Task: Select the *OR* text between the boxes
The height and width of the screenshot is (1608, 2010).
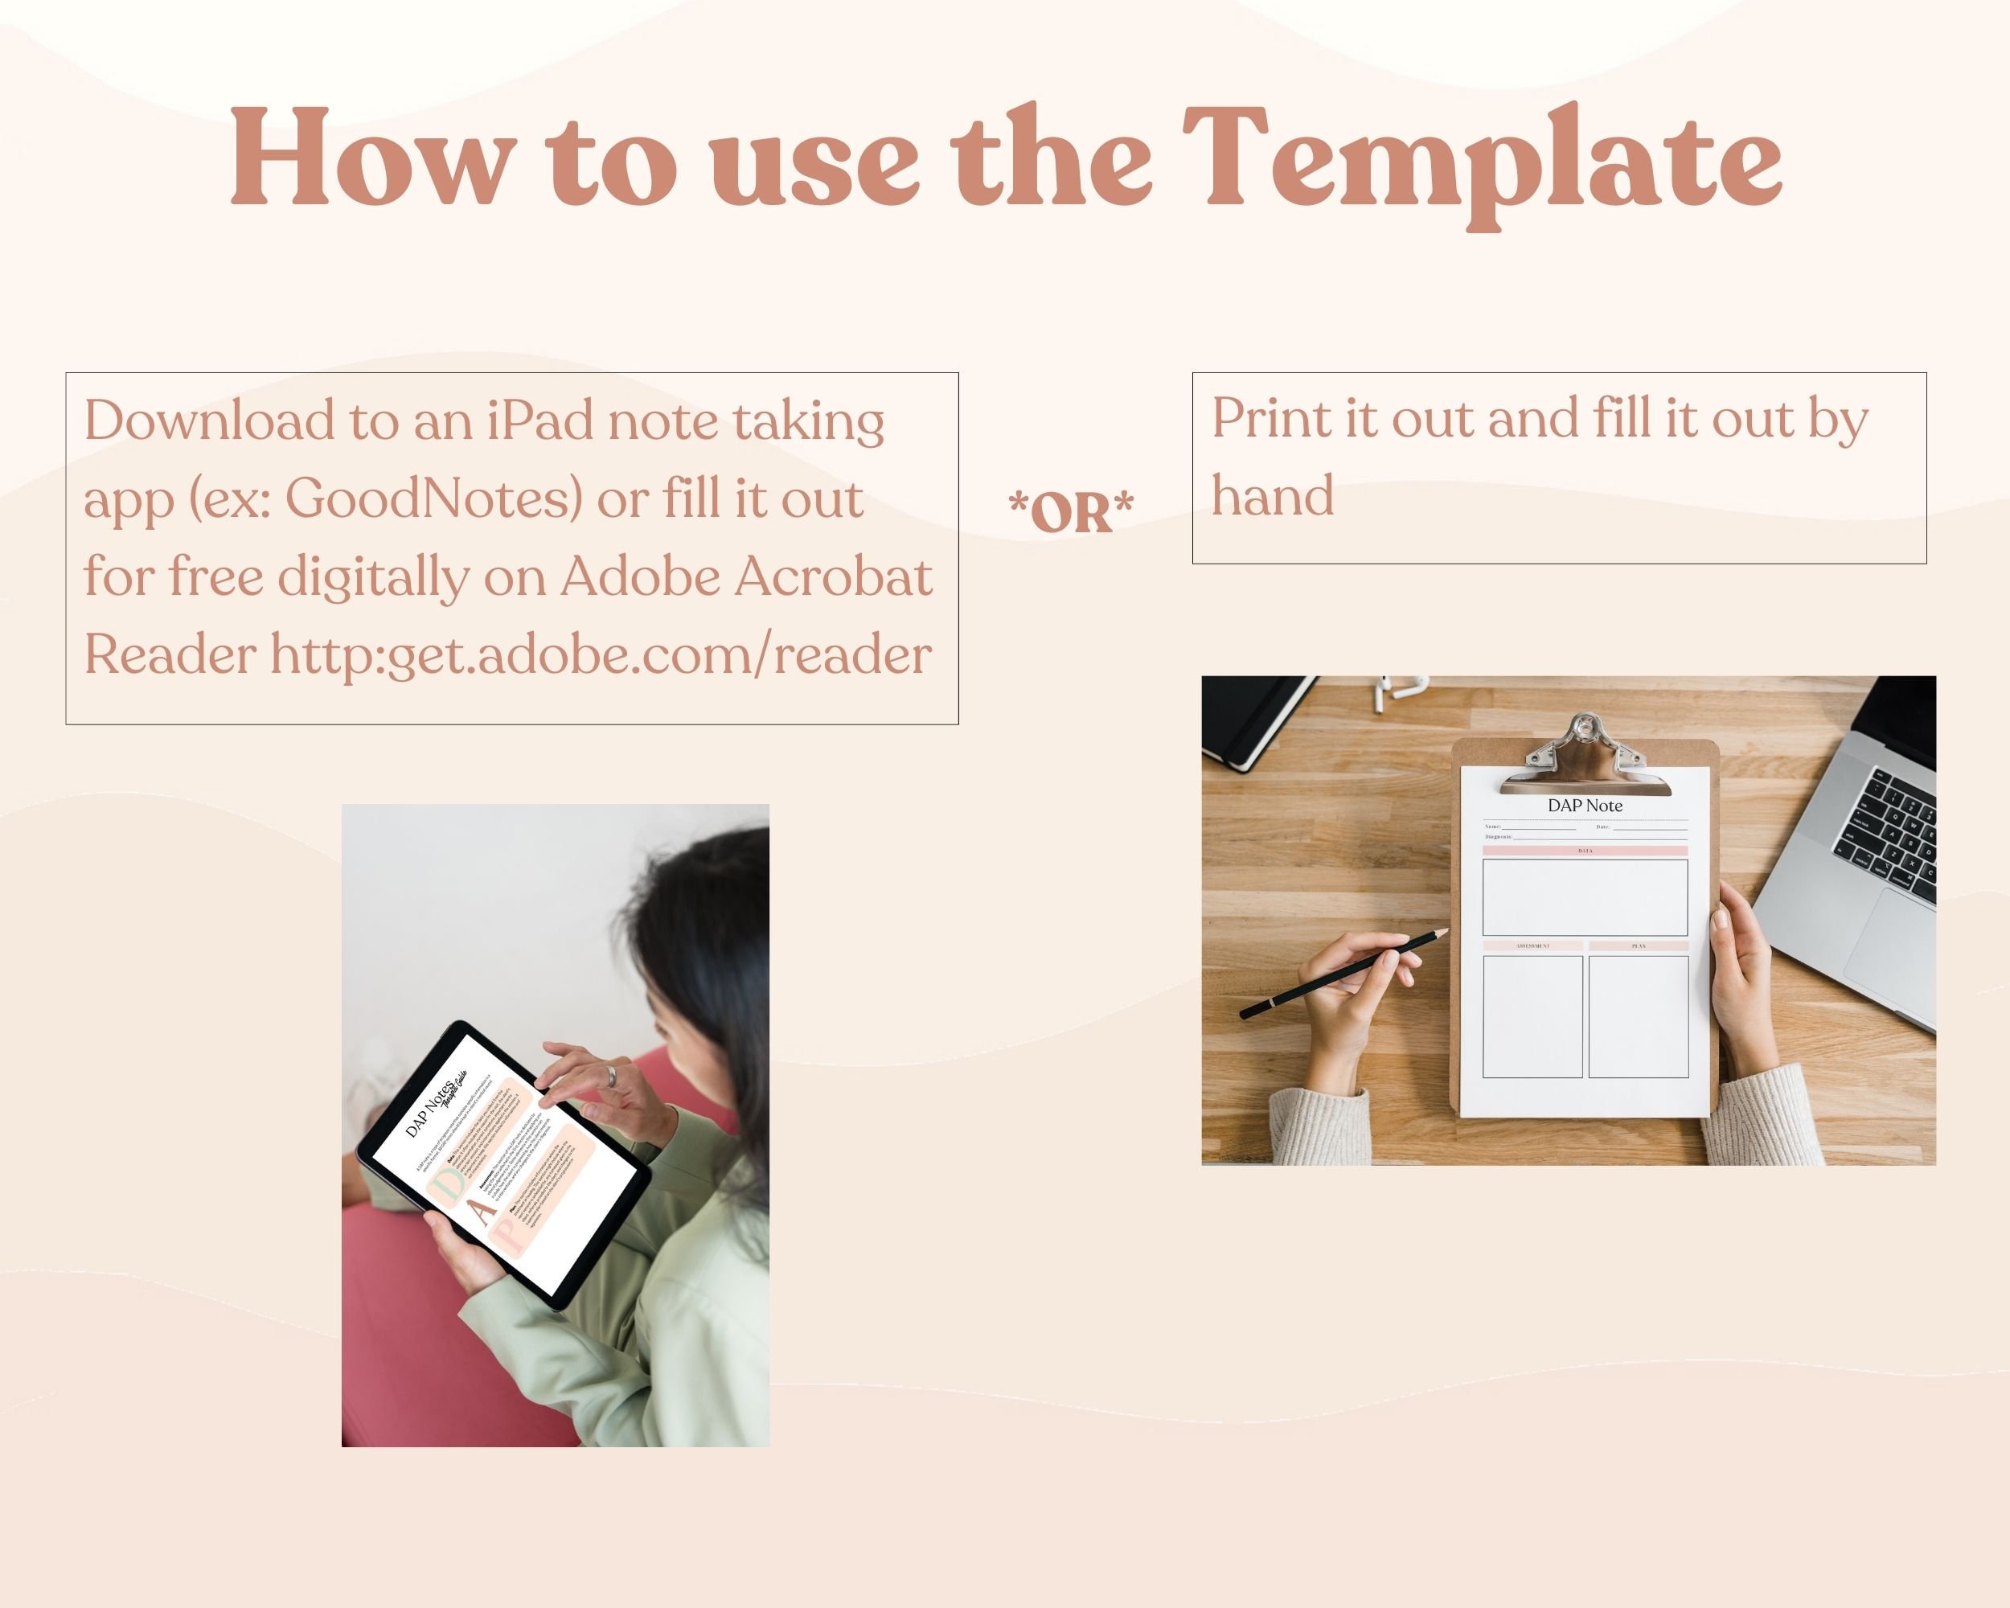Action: tap(1071, 512)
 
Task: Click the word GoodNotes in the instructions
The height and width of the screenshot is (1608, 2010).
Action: tap(433, 498)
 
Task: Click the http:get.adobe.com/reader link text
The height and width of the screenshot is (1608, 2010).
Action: tap(601, 654)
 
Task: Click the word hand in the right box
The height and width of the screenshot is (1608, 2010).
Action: tap(1273, 495)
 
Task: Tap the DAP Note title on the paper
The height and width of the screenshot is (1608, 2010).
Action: tap(1585, 806)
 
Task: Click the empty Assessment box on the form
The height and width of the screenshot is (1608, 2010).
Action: tap(1532, 1016)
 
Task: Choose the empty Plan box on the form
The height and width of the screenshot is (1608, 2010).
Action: tap(1638, 1016)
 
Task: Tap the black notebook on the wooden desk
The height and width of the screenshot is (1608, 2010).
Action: tap(1249, 718)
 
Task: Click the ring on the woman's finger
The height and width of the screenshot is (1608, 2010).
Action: tap(612, 1075)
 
